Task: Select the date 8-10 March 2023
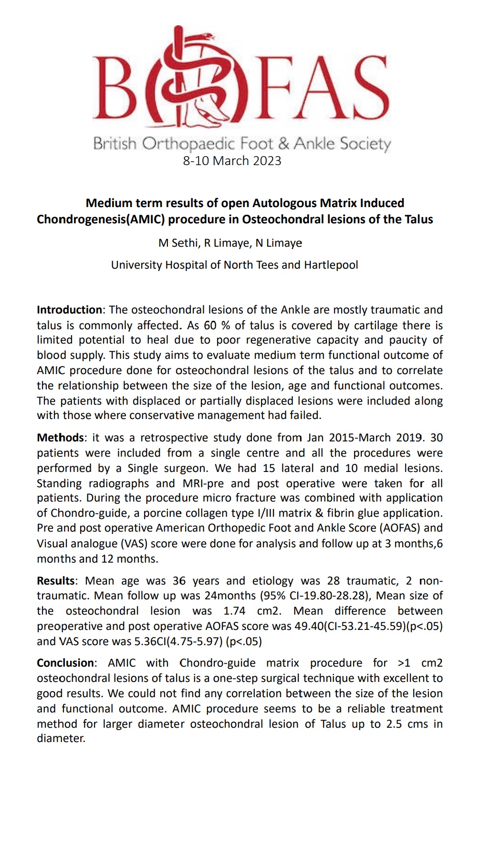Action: click(x=232, y=161)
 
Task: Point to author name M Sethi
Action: click(x=178, y=243)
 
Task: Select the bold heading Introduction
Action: click(x=69, y=310)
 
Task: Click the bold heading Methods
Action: click(x=60, y=438)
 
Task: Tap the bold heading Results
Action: click(x=56, y=581)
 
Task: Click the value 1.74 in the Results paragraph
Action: click(x=234, y=611)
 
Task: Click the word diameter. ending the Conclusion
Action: click(x=61, y=739)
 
